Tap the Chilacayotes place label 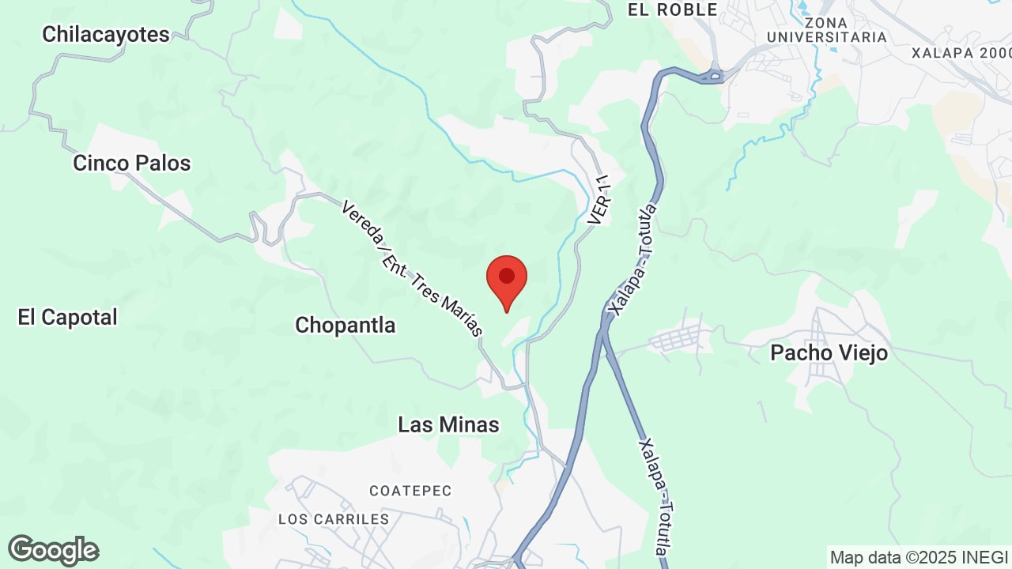pos(106,35)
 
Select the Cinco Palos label pos(132,164)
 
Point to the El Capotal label pos(68,318)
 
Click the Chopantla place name pos(346,325)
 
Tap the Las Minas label pos(448,425)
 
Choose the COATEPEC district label pos(410,492)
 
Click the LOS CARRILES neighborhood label pos(334,519)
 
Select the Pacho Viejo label pos(829,353)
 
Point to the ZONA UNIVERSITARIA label pos(827,30)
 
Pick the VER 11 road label pos(602,200)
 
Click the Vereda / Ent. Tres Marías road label pos(411,269)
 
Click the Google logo pos(54,550)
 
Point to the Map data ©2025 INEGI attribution pos(919,557)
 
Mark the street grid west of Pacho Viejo pos(677,339)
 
